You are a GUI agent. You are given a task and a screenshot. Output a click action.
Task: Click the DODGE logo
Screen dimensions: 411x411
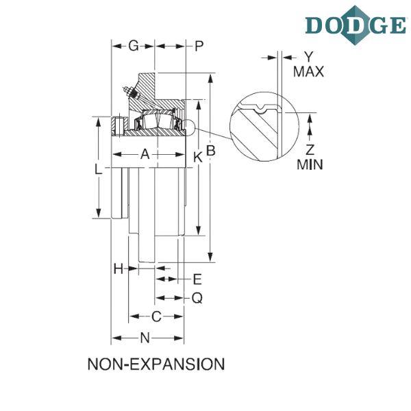(x=356, y=25)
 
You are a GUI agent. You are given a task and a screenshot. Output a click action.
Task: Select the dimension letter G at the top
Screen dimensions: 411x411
(x=134, y=46)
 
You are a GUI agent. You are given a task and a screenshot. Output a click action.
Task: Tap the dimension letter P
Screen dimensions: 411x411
(x=199, y=47)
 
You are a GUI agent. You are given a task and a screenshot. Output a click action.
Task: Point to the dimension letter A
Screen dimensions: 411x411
(x=145, y=154)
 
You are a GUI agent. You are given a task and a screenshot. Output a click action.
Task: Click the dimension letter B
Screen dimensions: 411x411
(x=211, y=151)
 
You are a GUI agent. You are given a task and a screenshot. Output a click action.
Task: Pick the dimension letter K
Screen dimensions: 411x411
(x=198, y=158)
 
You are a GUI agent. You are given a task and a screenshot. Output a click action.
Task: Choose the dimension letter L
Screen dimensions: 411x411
(x=98, y=169)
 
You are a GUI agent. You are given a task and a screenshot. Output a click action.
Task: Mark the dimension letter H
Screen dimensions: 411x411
(x=119, y=269)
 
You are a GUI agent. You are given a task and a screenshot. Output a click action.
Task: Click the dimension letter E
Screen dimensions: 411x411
(x=197, y=279)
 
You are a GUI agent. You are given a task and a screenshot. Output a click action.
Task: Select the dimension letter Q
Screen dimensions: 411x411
(x=197, y=298)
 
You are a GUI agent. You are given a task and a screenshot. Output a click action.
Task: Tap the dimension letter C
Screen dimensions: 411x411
(x=156, y=316)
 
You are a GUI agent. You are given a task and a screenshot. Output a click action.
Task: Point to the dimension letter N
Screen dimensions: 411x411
(x=145, y=338)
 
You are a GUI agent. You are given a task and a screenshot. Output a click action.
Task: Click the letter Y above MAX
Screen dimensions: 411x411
(x=309, y=57)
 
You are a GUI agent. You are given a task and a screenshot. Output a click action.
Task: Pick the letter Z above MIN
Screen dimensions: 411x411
(x=310, y=150)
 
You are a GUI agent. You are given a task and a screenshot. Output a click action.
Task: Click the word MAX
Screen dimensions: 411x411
(x=308, y=71)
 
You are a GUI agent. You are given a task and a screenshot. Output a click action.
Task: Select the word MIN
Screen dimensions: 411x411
(x=310, y=164)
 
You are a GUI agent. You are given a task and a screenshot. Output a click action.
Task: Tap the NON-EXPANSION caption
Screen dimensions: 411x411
(x=156, y=364)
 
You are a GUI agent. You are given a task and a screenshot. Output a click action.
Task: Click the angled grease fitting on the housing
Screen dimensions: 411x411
(x=131, y=92)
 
